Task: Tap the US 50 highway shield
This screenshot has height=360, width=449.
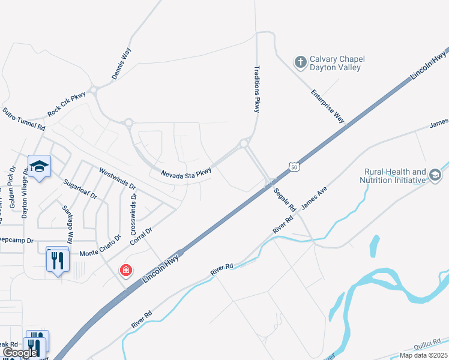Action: [292, 166]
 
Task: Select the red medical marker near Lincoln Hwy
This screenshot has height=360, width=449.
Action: [126, 270]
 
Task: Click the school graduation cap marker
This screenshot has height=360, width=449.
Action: [39, 167]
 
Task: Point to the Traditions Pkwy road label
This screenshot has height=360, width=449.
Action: [258, 89]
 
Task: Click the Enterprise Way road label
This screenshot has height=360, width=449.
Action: [328, 106]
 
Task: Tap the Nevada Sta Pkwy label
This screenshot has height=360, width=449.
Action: [187, 173]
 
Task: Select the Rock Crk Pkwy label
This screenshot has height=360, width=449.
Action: [67, 105]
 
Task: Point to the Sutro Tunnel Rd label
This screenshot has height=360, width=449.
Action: [24, 119]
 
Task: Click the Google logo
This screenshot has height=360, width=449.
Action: [20, 353]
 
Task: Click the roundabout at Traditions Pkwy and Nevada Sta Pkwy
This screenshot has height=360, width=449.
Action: [244, 143]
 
